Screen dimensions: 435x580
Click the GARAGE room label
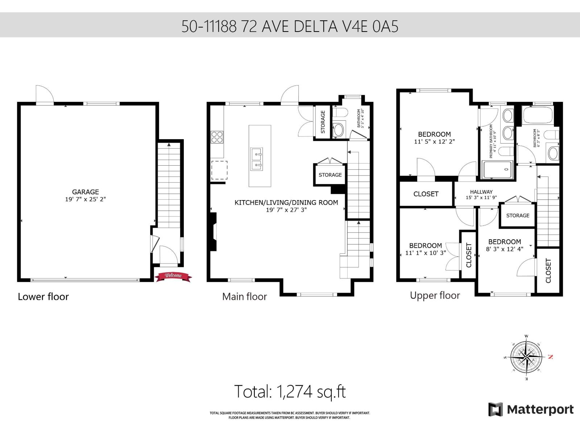pos(86,192)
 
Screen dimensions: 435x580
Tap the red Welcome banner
pos(173,276)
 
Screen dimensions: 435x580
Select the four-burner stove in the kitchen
pos(217,138)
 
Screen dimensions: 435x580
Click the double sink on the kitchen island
pos(257,159)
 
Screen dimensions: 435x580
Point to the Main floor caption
pos(244,297)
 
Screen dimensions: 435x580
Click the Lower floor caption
pos(43,297)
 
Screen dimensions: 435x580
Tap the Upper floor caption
pos(435,295)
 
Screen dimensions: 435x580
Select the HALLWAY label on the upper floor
pos(481,192)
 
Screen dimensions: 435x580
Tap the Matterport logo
pos(531,410)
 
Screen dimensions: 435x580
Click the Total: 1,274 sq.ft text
pos(290,392)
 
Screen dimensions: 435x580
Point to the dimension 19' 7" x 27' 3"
pos(286,210)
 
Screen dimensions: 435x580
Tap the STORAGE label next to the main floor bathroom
pos(323,122)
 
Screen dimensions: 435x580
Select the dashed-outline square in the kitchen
pos(219,170)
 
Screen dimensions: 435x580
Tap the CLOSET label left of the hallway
pos(426,194)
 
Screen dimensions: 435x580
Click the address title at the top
pos(290,26)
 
